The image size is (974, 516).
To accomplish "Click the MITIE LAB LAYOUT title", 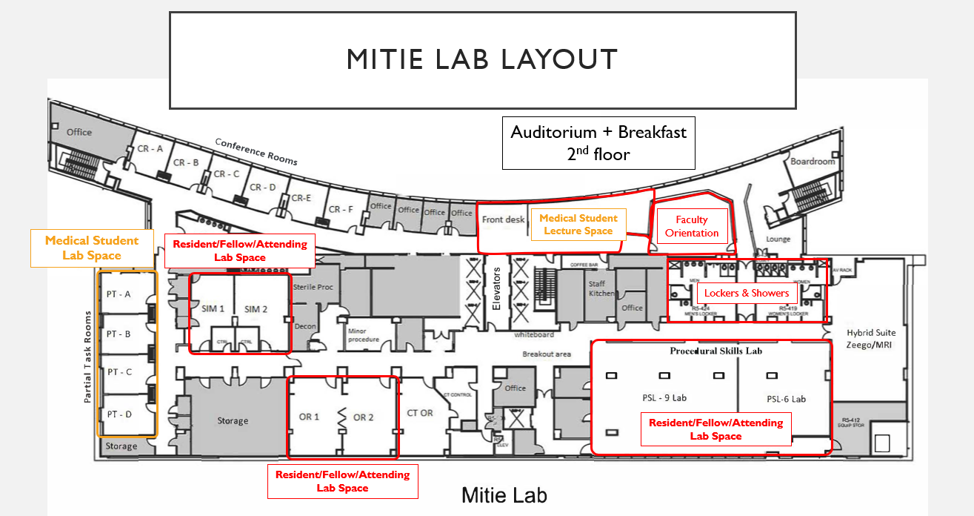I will [482, 59].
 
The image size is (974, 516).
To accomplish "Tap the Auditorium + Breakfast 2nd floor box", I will [598, 143].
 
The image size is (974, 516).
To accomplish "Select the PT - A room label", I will [119, 294].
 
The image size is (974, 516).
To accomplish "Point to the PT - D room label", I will [119, 414].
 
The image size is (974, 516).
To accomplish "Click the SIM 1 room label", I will [213, 308].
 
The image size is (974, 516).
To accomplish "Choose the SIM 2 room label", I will [256, 308].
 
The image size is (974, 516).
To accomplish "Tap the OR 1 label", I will [309, 417].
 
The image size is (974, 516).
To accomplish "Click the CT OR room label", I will [420, 413].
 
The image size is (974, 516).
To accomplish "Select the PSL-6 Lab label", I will [786, 399].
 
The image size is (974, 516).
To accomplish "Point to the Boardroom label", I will [813, 161].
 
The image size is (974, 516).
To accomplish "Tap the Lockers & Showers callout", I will [746, 294].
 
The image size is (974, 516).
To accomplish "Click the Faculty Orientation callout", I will [692, 226].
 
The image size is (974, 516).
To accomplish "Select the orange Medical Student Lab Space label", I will [92, 248].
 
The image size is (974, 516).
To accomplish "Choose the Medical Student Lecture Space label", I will [578, 225].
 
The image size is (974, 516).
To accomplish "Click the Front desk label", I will [503, 219].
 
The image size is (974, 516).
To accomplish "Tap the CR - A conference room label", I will [150, 149].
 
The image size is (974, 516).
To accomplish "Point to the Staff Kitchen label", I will [601, 288].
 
